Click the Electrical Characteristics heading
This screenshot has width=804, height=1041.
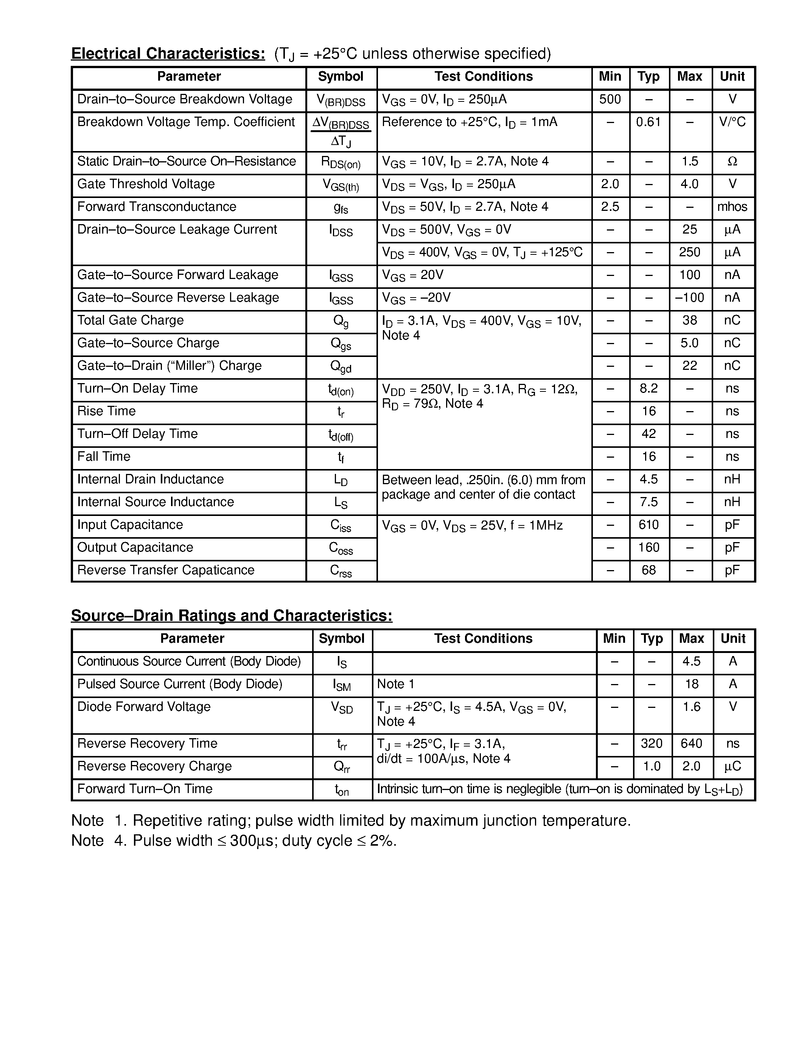coord(168,53)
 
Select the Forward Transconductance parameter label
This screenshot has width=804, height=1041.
coord(157,207)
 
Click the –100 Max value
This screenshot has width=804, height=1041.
coord(689,298)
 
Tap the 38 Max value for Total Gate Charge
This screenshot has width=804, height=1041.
coord(689,320)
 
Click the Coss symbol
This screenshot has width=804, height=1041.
coord(341,548)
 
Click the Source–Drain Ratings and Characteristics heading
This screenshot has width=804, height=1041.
coord(232,616)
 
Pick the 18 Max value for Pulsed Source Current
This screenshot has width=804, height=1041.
coord(691,684)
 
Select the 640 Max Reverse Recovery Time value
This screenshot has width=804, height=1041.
coord(691,743)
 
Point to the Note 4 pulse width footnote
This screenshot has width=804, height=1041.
coord(233,840)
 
